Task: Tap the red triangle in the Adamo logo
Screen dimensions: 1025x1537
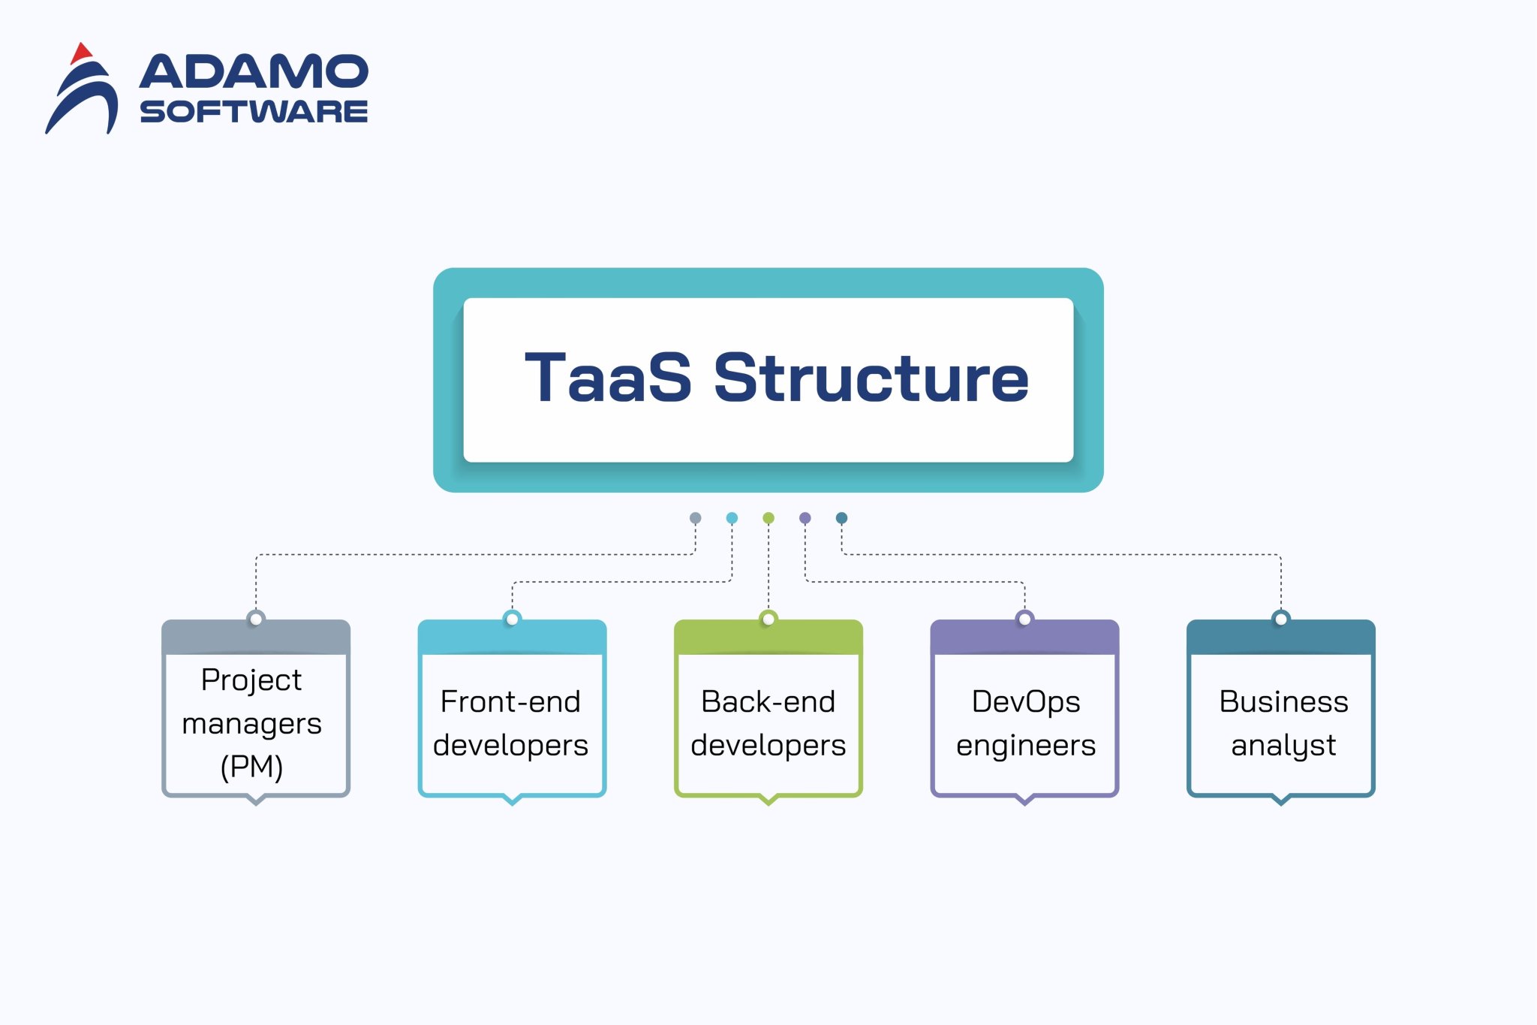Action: tap(80, 54)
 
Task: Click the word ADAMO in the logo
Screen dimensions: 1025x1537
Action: tap(254, 72)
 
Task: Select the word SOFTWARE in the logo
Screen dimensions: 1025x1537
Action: tap(254, 112)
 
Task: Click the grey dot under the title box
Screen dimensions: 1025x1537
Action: tap(695, 518)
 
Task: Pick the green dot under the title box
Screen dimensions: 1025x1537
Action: tap(768, 518)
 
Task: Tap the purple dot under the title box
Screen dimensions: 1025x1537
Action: tap(805, 518)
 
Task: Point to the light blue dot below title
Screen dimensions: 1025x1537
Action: tap(732, 518)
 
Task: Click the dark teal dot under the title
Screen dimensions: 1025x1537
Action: tap(841, 518)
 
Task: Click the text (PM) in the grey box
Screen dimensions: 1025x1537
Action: tap(251, 767)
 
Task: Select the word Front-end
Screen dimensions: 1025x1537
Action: tap(510, 702)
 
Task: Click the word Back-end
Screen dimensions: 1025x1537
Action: tap(768, 702)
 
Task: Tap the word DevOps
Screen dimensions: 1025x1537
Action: tap(1025, 702)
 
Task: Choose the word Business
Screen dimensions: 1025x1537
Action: tap(1283, 702)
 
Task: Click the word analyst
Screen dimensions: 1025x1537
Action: tap(1283, 746)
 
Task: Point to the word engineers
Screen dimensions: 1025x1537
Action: tap(1025, 746)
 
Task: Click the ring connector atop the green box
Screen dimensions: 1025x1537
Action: tap(768, 620)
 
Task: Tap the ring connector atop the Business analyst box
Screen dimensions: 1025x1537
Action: tap(1281, 620)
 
